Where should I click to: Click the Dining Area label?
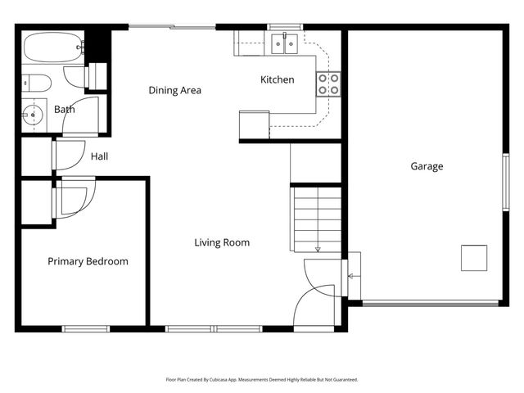click(x=174, y=90)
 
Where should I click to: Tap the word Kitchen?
click(x=277, y=79)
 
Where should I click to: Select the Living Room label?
click(x=222, y=242)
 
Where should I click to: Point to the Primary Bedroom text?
click(x=88, y=261)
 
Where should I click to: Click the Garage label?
click(x=427, y=166)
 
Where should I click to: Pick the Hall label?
click(x=99, y=156)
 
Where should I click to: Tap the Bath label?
click(x=65, y=109)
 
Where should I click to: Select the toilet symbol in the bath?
click(x=36, y=82)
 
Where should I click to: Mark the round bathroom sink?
click(x=33, y=115)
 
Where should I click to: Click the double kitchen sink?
click(x=284, y=43)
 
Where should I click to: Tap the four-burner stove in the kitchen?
click(x=328, y=83)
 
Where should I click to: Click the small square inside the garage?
click(x=474, y=258)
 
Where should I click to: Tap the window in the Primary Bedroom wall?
click(x=86, y=329)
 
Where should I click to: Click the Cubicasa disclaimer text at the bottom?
click(x=262, y=380)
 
